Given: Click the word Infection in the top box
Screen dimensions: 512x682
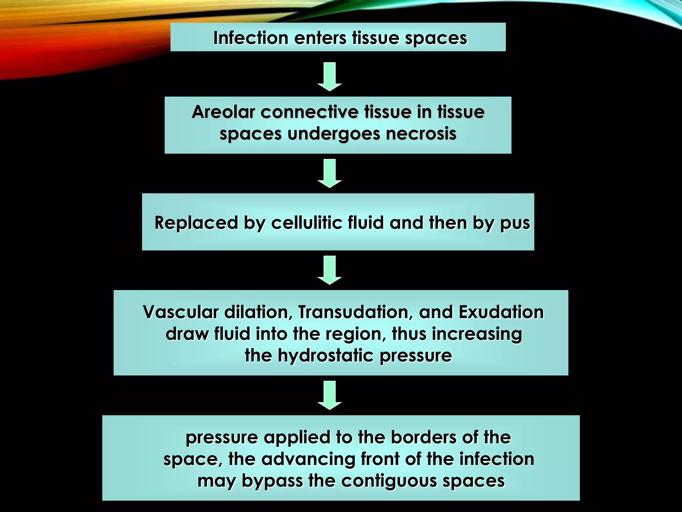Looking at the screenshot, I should pos(251,38).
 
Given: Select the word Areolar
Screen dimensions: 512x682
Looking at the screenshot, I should pos(223,112).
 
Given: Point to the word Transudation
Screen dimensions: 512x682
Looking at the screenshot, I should pos(355,312).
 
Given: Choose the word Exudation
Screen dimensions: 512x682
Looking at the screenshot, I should pos(501,312).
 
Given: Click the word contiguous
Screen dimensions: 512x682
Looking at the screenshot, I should pos(389,481).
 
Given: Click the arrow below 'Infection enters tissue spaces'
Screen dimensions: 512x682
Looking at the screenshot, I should pos(330,76).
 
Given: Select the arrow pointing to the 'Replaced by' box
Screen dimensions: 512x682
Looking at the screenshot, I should pos(330,173).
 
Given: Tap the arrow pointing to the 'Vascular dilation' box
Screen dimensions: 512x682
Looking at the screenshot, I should pos(330,270).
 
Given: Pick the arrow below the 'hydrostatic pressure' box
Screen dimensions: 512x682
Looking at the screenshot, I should pos(330,395).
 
